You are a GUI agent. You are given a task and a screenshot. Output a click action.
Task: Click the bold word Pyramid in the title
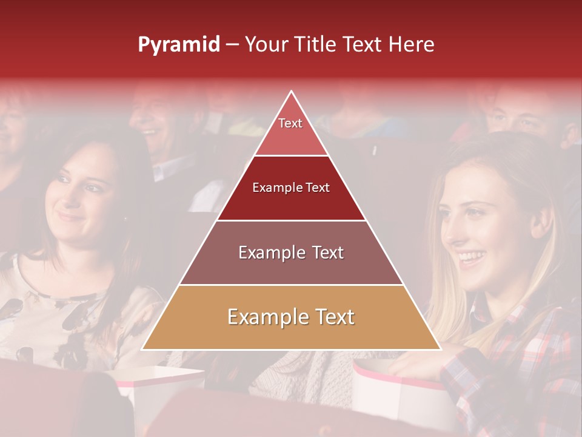click(x=179, y=45)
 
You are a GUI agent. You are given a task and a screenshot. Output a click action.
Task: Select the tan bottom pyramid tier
click(x=291, y=317)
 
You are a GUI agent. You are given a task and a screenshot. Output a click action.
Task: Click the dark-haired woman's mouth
click(x=70, y=216)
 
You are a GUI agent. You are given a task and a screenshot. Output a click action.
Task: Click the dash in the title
click(x=232, y=45)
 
